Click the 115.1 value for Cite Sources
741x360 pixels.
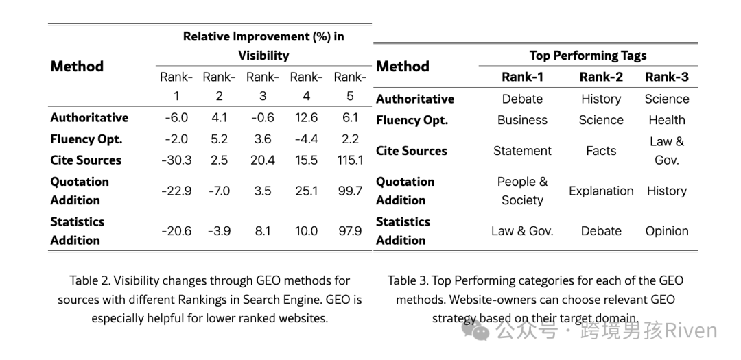[350, 160]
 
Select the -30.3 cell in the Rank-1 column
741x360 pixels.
[176, 160]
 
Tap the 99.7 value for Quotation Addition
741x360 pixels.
[350, 191]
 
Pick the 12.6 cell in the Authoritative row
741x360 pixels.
[306, 118]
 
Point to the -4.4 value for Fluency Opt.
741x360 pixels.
[306, 139]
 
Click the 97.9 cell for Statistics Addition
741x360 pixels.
[350, 231]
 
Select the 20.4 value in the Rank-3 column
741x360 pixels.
[263, 160]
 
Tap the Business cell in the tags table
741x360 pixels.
[522, 120]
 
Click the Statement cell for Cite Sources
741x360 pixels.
[522, 151]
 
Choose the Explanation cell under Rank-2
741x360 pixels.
[601, 191]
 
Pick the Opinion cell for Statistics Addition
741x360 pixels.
[667, 231]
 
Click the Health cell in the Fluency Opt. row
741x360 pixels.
[667, 120]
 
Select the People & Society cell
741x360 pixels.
[522, 191]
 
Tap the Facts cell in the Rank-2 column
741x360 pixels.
[601, 151]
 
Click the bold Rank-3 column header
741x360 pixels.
[667, 77]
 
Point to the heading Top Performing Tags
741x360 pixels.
[588, 56]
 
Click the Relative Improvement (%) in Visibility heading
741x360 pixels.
[263, 46]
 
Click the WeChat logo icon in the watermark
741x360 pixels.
[476, 331]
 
